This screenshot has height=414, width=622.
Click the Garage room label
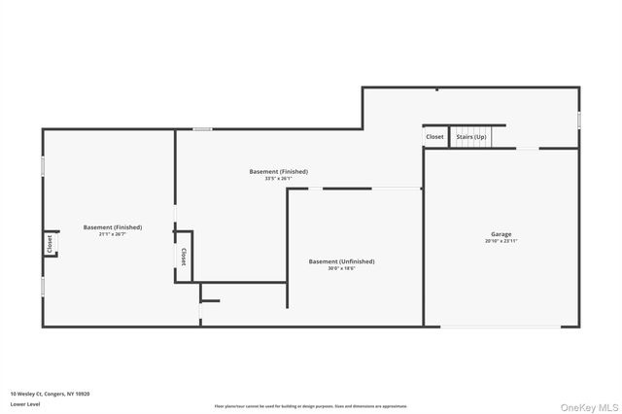coord(501,234)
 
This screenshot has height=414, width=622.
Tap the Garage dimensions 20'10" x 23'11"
coord(501,241)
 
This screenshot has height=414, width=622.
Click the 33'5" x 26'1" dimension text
coord(278,179)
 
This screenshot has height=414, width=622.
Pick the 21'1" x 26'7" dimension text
coord(113,234)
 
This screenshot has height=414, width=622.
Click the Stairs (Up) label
coord(471,137)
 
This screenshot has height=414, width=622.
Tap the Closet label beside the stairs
coord(434,137)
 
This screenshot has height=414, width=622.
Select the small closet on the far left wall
coord(50,244)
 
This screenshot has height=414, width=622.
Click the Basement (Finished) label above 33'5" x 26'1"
coord(278,172)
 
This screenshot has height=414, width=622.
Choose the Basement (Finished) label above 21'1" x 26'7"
coord(113,227)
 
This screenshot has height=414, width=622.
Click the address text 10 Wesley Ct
coord(50,394)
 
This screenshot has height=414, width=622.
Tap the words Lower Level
coord(25,403)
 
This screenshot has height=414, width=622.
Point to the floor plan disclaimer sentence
coord(311,406)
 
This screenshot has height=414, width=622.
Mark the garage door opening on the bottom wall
coord(501,326)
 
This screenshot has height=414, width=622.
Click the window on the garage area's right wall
coord(578,119)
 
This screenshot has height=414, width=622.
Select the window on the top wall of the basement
coord(202,129)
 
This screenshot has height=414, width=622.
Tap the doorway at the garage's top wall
coord(526,149)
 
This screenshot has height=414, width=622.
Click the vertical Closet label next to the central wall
coord(183,257)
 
